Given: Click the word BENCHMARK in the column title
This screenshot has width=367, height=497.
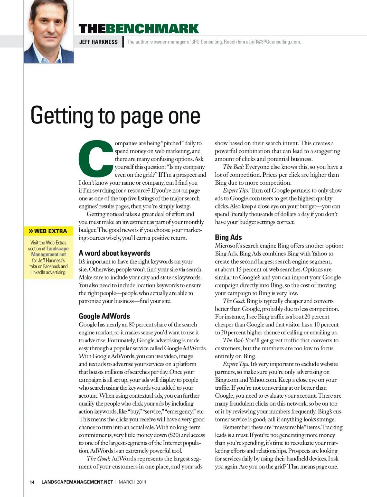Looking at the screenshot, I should (x=152, y=29).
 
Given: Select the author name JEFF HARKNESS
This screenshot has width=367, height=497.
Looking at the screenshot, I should (x=98, y=42).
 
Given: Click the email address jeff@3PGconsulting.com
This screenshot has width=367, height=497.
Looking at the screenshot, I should (x=275, y=42).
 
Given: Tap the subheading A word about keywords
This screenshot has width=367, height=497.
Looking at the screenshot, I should (x=114, y=253).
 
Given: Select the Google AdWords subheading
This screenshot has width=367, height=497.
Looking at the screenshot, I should (x=104, y=316).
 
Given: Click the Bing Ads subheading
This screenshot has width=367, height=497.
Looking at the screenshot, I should (x=228, y=237).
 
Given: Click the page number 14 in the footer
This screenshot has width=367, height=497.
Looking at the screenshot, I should (x=32, y=482).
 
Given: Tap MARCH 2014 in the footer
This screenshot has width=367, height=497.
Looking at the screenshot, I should (x=132, y=482).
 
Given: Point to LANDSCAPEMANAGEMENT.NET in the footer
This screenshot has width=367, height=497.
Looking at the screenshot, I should (x=77, y=482).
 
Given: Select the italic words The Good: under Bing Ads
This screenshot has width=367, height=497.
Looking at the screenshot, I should (x=234, y=301).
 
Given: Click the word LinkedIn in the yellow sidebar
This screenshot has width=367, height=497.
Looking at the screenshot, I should (x=38, y=272).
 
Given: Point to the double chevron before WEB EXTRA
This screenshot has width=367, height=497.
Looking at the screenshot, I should (x=31, y=231).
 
